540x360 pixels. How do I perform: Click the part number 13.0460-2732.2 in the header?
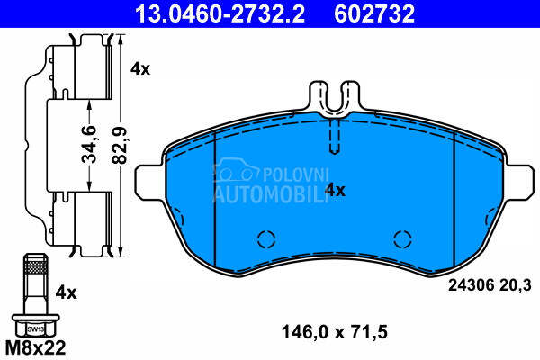220,13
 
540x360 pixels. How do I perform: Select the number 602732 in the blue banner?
374,13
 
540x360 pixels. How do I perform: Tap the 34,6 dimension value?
89,144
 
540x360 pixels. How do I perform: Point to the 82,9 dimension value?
121,145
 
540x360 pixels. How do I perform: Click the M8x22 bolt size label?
35,347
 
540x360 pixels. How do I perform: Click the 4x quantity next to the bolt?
66,293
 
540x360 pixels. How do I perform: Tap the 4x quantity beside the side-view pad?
140,69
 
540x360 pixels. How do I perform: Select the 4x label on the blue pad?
335,190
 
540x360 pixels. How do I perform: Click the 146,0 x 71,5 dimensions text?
335,332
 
